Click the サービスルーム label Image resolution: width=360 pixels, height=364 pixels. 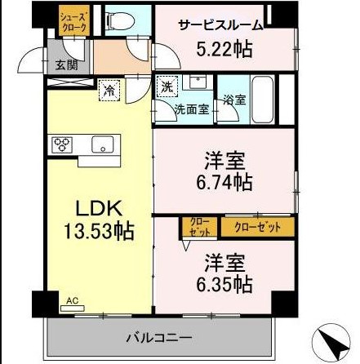click(221, 24)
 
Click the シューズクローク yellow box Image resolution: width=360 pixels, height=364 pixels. click(69, 24)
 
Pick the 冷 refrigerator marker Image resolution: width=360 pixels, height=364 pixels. click(108, 92)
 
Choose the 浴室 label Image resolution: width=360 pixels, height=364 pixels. click(234, 100)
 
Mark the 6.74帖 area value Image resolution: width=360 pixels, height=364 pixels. click(224, 181)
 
